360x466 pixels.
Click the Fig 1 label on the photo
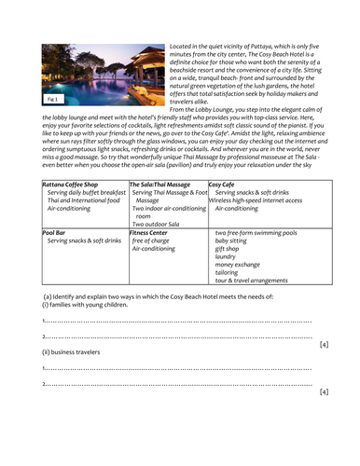point(52,97)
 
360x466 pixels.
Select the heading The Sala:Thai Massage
point(160,184)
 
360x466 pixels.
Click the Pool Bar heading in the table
point(55,232)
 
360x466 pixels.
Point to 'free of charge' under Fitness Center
point(151,240)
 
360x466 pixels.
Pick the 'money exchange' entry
point(239,265)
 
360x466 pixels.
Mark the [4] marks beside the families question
point(323,344)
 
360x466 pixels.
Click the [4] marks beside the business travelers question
point(323,392)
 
